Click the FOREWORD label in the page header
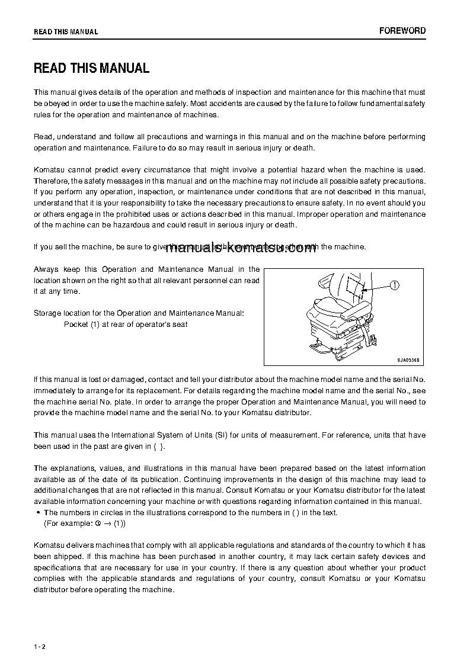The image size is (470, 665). [402, 31]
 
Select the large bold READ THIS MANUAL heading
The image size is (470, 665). [91, 68]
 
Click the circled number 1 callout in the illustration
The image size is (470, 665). [395, 285]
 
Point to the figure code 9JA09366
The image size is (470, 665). [410, 359]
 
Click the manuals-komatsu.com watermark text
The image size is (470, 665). [241, 248]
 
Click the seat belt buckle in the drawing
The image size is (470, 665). [374, 339]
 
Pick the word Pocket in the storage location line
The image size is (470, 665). [76, 325]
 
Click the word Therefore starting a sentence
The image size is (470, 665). [52, 181]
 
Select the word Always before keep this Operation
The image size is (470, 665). [46, 269]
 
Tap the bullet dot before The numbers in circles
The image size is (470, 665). [38, 513]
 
